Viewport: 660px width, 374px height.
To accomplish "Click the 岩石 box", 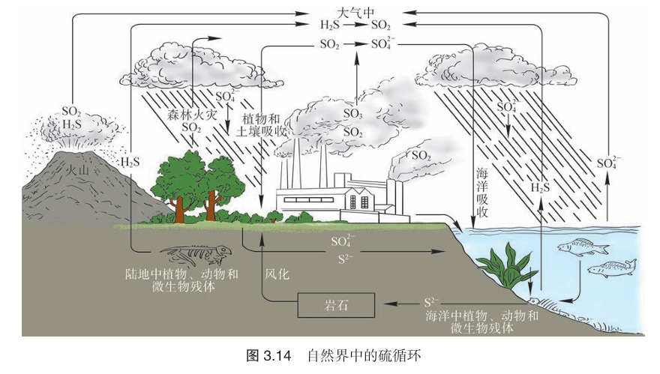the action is click(x=336, y=305).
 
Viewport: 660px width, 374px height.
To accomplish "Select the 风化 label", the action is click(x=277, y=274).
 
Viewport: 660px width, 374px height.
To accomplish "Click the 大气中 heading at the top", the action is click(x=355, y=12).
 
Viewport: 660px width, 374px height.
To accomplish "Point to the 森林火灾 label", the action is click(x=192, y=115).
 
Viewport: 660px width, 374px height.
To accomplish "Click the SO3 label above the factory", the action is click(x=352, y=114).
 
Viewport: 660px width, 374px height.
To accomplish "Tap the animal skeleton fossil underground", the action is click(x=196, y=255).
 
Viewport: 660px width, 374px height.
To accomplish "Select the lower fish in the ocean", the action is click(x=611, y=268).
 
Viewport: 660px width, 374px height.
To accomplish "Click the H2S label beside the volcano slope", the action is click(x=130, y=162).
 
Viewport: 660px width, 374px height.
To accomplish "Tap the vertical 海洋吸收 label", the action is click(x=482, y=193).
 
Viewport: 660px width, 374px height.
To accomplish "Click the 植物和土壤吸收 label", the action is click(x=261, y=125).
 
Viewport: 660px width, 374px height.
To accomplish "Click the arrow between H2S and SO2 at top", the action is click(x=355, y=25).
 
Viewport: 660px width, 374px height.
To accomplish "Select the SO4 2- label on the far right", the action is click(x=607, y=163).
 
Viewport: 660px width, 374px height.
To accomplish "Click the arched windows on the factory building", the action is click(x=359, y=202).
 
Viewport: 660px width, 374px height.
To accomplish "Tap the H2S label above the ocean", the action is click(x=540, y=187).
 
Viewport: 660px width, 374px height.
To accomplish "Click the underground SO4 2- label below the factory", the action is click(x=342, y=241).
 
